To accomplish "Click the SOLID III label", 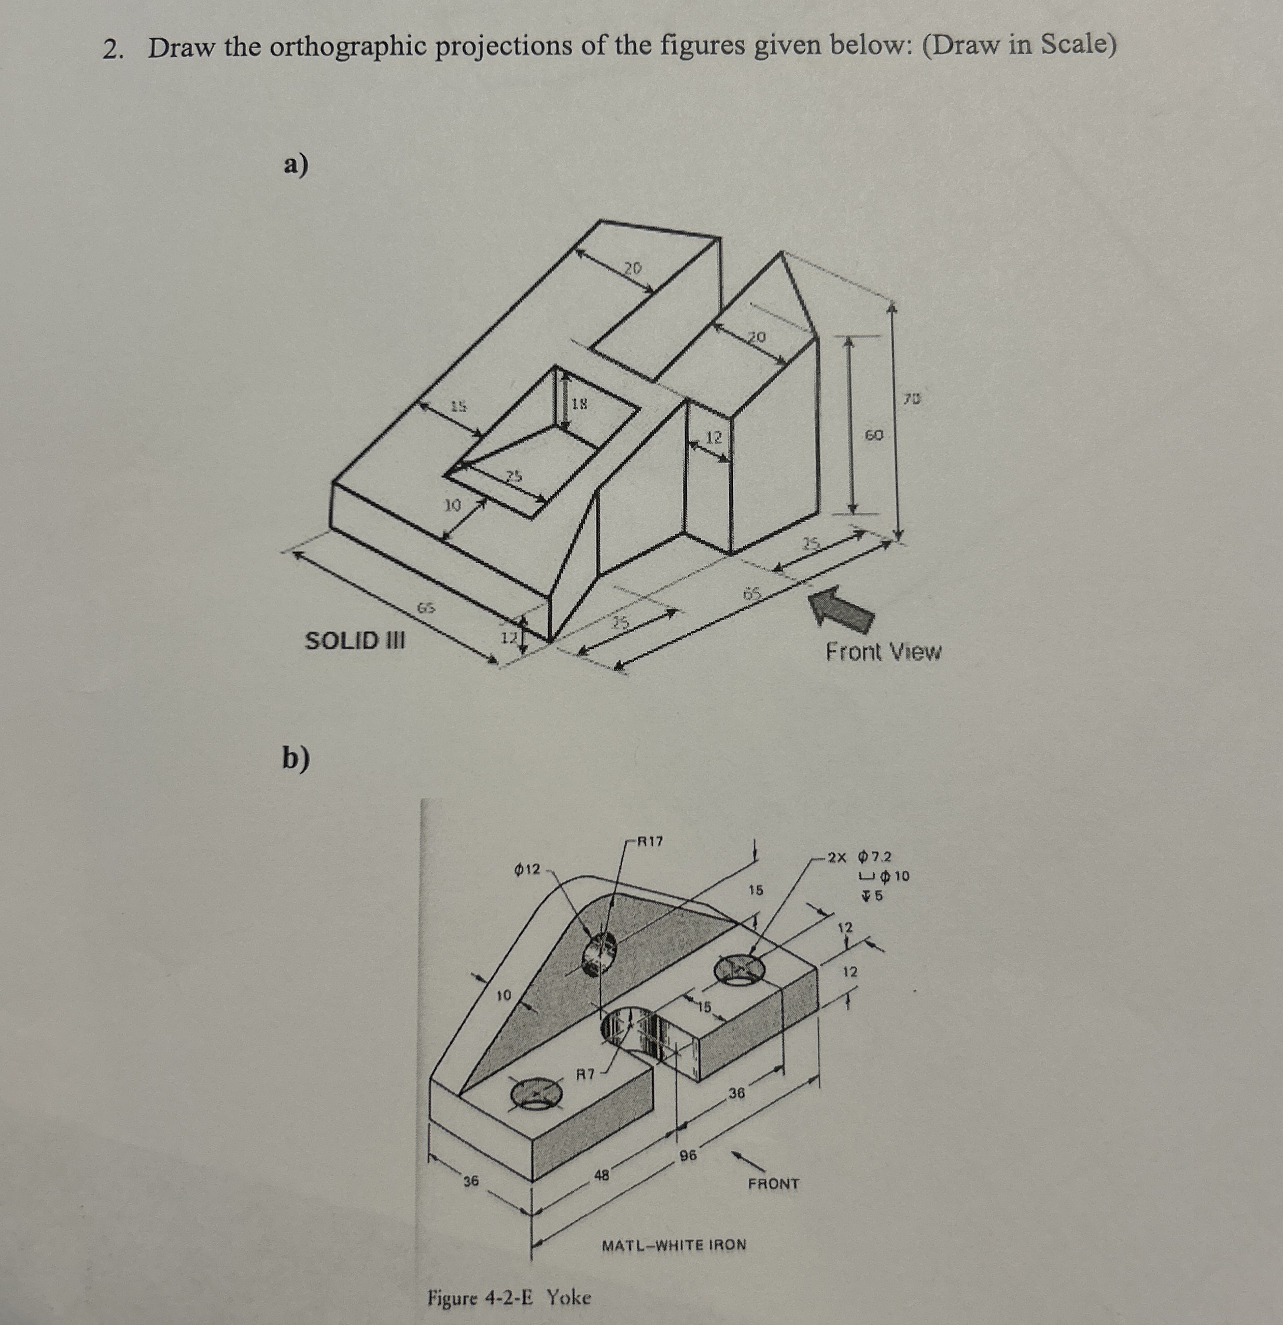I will tap(355, 639).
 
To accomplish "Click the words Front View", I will tap(883, 652).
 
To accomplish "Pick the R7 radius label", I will tap(585, 1072).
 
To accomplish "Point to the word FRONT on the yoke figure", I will tap(773, 1184).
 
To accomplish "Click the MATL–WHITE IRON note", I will tap(674, 1245).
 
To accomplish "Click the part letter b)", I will tap(296, 759).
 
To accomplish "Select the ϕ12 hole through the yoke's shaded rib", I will tap(599, 953).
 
